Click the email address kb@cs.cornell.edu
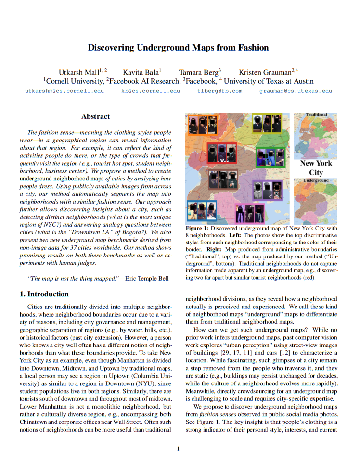[151, 91]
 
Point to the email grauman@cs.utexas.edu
[296, 91]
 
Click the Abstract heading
[95, 116]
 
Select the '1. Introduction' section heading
[44, 294]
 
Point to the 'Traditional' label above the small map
[316, 115]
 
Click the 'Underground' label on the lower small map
[316, 180]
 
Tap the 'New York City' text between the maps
[316, 167]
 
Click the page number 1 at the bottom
[178, 449]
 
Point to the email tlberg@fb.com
[219, 91]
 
